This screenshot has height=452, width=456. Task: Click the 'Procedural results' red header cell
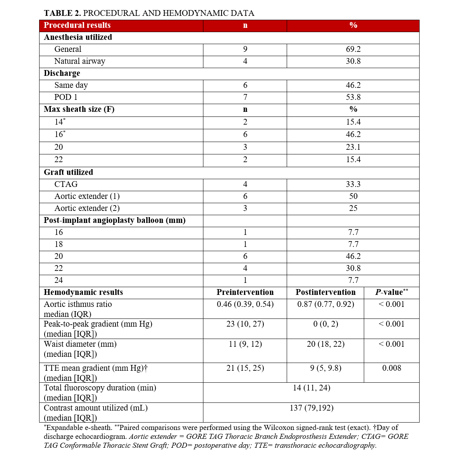pos(77,26)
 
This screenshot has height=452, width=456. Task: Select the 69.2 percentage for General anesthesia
pos(353,50)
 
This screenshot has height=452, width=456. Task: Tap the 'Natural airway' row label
pos(79,62)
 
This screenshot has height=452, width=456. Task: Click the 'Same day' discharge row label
pos(71,86)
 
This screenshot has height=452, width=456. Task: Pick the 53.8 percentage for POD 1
pos(353,98)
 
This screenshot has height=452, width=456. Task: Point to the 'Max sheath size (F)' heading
pos(79,110)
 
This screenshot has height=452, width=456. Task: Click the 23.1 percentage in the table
pos(353,147)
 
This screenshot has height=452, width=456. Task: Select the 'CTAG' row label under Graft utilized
pos(66,185)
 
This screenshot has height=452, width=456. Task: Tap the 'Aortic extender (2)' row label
pos(87,209)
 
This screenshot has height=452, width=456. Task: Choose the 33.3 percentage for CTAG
pos(353,185)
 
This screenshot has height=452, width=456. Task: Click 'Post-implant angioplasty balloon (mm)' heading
pos(114,221)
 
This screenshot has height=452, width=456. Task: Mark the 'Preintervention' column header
pos(245,293)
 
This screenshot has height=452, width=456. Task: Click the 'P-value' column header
pos(391,293)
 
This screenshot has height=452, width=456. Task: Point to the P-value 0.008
pos(391,368)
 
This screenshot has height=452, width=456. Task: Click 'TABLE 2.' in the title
pos(62,14)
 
